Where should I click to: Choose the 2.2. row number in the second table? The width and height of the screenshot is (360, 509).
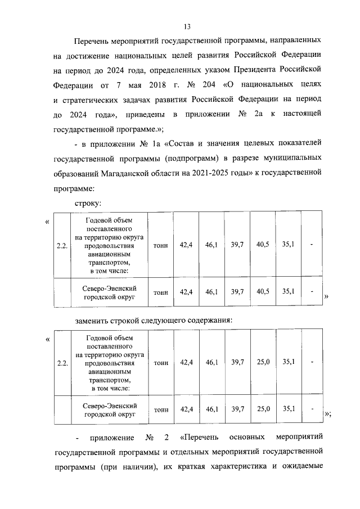tap(62, 363)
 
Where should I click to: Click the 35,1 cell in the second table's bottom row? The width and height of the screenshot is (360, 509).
tap(288, 409)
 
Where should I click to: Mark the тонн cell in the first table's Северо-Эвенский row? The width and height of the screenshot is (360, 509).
tap(160, 292)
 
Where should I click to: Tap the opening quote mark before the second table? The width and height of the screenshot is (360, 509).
tap(47, 340)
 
